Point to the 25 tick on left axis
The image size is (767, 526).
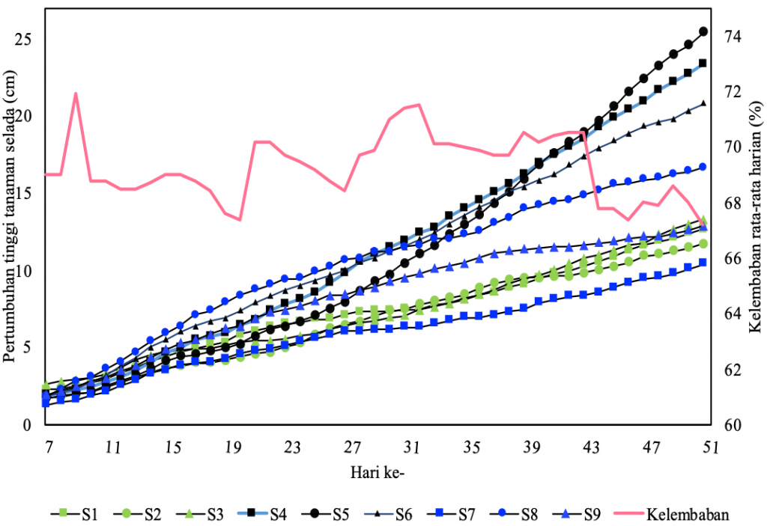point(29,39)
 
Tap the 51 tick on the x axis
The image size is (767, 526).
point(709,447)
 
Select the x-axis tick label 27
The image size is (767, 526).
point(352,447)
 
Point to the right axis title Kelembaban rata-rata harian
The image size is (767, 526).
point(755,224)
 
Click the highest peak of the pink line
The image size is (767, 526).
point(76,94)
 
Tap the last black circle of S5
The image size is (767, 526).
point(703,31)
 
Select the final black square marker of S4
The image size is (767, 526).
point(703,63)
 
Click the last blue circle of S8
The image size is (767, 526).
point(703,167)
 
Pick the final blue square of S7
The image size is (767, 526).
point(703,262)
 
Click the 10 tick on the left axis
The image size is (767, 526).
point(29,270)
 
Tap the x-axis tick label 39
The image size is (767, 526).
point(531,447)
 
